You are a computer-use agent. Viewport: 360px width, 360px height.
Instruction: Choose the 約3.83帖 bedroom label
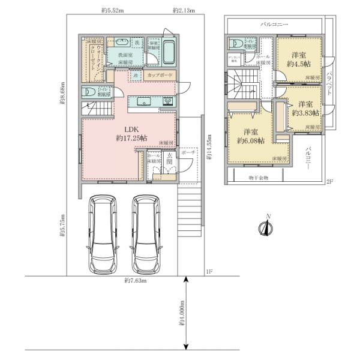pyautogui.click(x=305, y=107)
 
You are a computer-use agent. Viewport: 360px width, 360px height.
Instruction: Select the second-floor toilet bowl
pyautogui.click(x=236, y=43)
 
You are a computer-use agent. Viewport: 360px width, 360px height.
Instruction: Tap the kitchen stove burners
pyautogui.click(x=169, y=101)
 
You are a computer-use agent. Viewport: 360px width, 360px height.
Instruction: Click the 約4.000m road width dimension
pyautogui.click(x=181, y=317)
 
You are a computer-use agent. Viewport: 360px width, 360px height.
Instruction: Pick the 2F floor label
pyautogui.click(x=329, y=181)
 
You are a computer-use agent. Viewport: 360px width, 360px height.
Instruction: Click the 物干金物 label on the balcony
pyautogui.click(x=258, y=178)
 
